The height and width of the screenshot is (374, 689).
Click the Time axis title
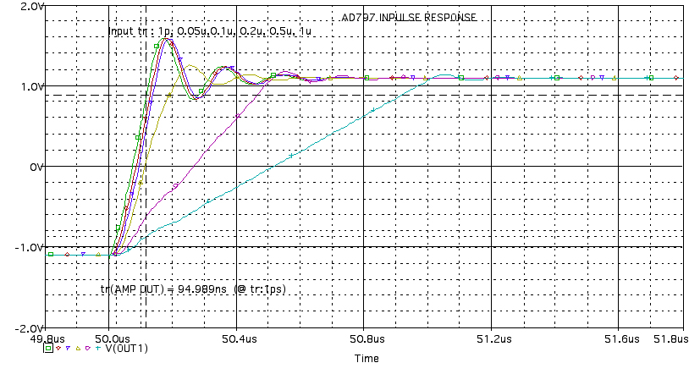(x=367, y=359)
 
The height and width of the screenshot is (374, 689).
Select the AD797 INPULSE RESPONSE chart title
(x=415, y=17)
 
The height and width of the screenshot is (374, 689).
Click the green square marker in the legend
(x=48, y=348)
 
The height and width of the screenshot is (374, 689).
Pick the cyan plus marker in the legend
(x=98, y=348)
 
